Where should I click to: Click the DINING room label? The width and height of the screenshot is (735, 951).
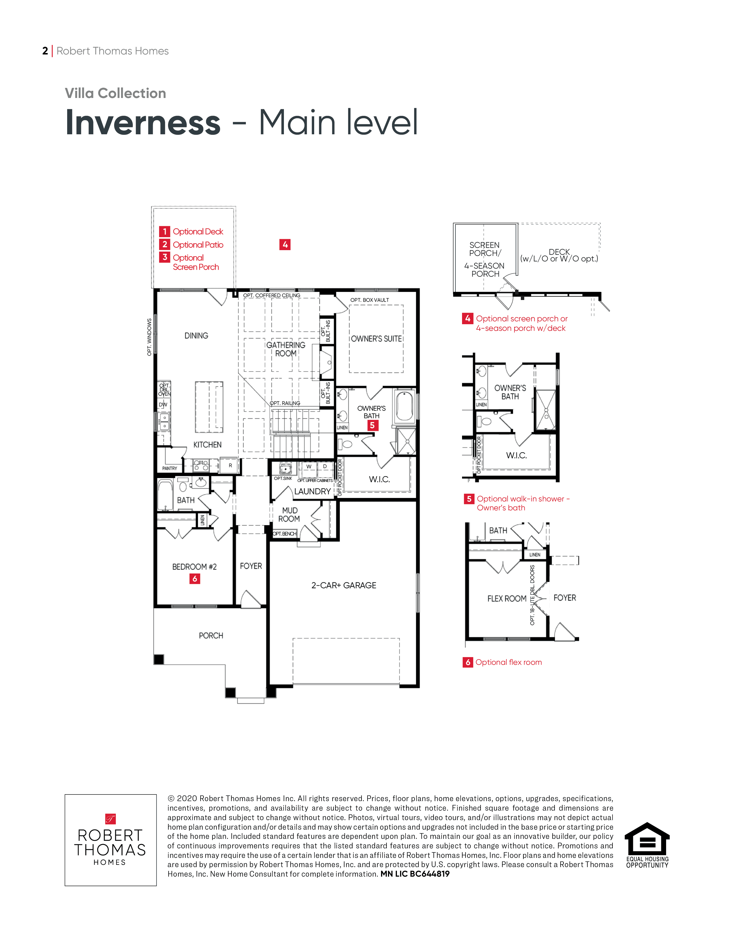[x=196, y=336]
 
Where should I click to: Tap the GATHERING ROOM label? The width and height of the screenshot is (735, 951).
[x=286, y=349]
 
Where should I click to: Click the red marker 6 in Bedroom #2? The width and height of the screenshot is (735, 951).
[x=195, y=579]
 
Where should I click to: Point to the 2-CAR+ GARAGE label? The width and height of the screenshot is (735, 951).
[x=344, y=585]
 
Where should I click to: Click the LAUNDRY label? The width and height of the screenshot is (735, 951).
[x=312, y=491]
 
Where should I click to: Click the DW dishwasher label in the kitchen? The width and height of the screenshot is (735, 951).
[x=163, y=405]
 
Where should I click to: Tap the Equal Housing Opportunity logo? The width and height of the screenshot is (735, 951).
[x=647, y=845]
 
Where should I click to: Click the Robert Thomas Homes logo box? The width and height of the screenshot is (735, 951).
[x=111, y=840]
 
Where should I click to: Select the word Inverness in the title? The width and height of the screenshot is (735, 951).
[x=143, y=123]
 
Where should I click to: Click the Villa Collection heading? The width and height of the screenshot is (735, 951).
[x=115, y=93]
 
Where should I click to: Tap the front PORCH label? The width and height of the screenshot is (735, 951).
[x=211, y=636]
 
